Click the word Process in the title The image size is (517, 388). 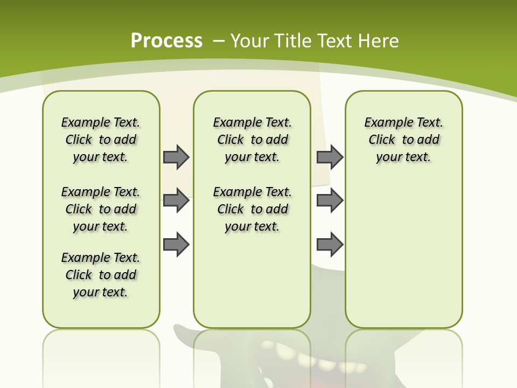coord(166,40)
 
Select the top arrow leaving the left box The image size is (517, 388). coord(176,157)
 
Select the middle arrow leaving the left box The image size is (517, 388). coord(176,201)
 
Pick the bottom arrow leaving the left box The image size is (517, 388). coord(176,245)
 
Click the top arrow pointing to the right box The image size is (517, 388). coord(330,157)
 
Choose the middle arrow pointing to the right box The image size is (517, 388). coord(330,201)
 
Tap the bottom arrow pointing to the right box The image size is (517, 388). coord(330,245)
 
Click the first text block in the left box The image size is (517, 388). coord(101,140)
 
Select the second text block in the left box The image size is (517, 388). coord(101,209)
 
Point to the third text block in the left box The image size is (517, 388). coord(101,275)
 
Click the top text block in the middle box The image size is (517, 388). coord(253,140)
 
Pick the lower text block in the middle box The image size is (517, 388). coord(253,209)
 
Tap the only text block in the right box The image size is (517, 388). coord(404,140)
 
